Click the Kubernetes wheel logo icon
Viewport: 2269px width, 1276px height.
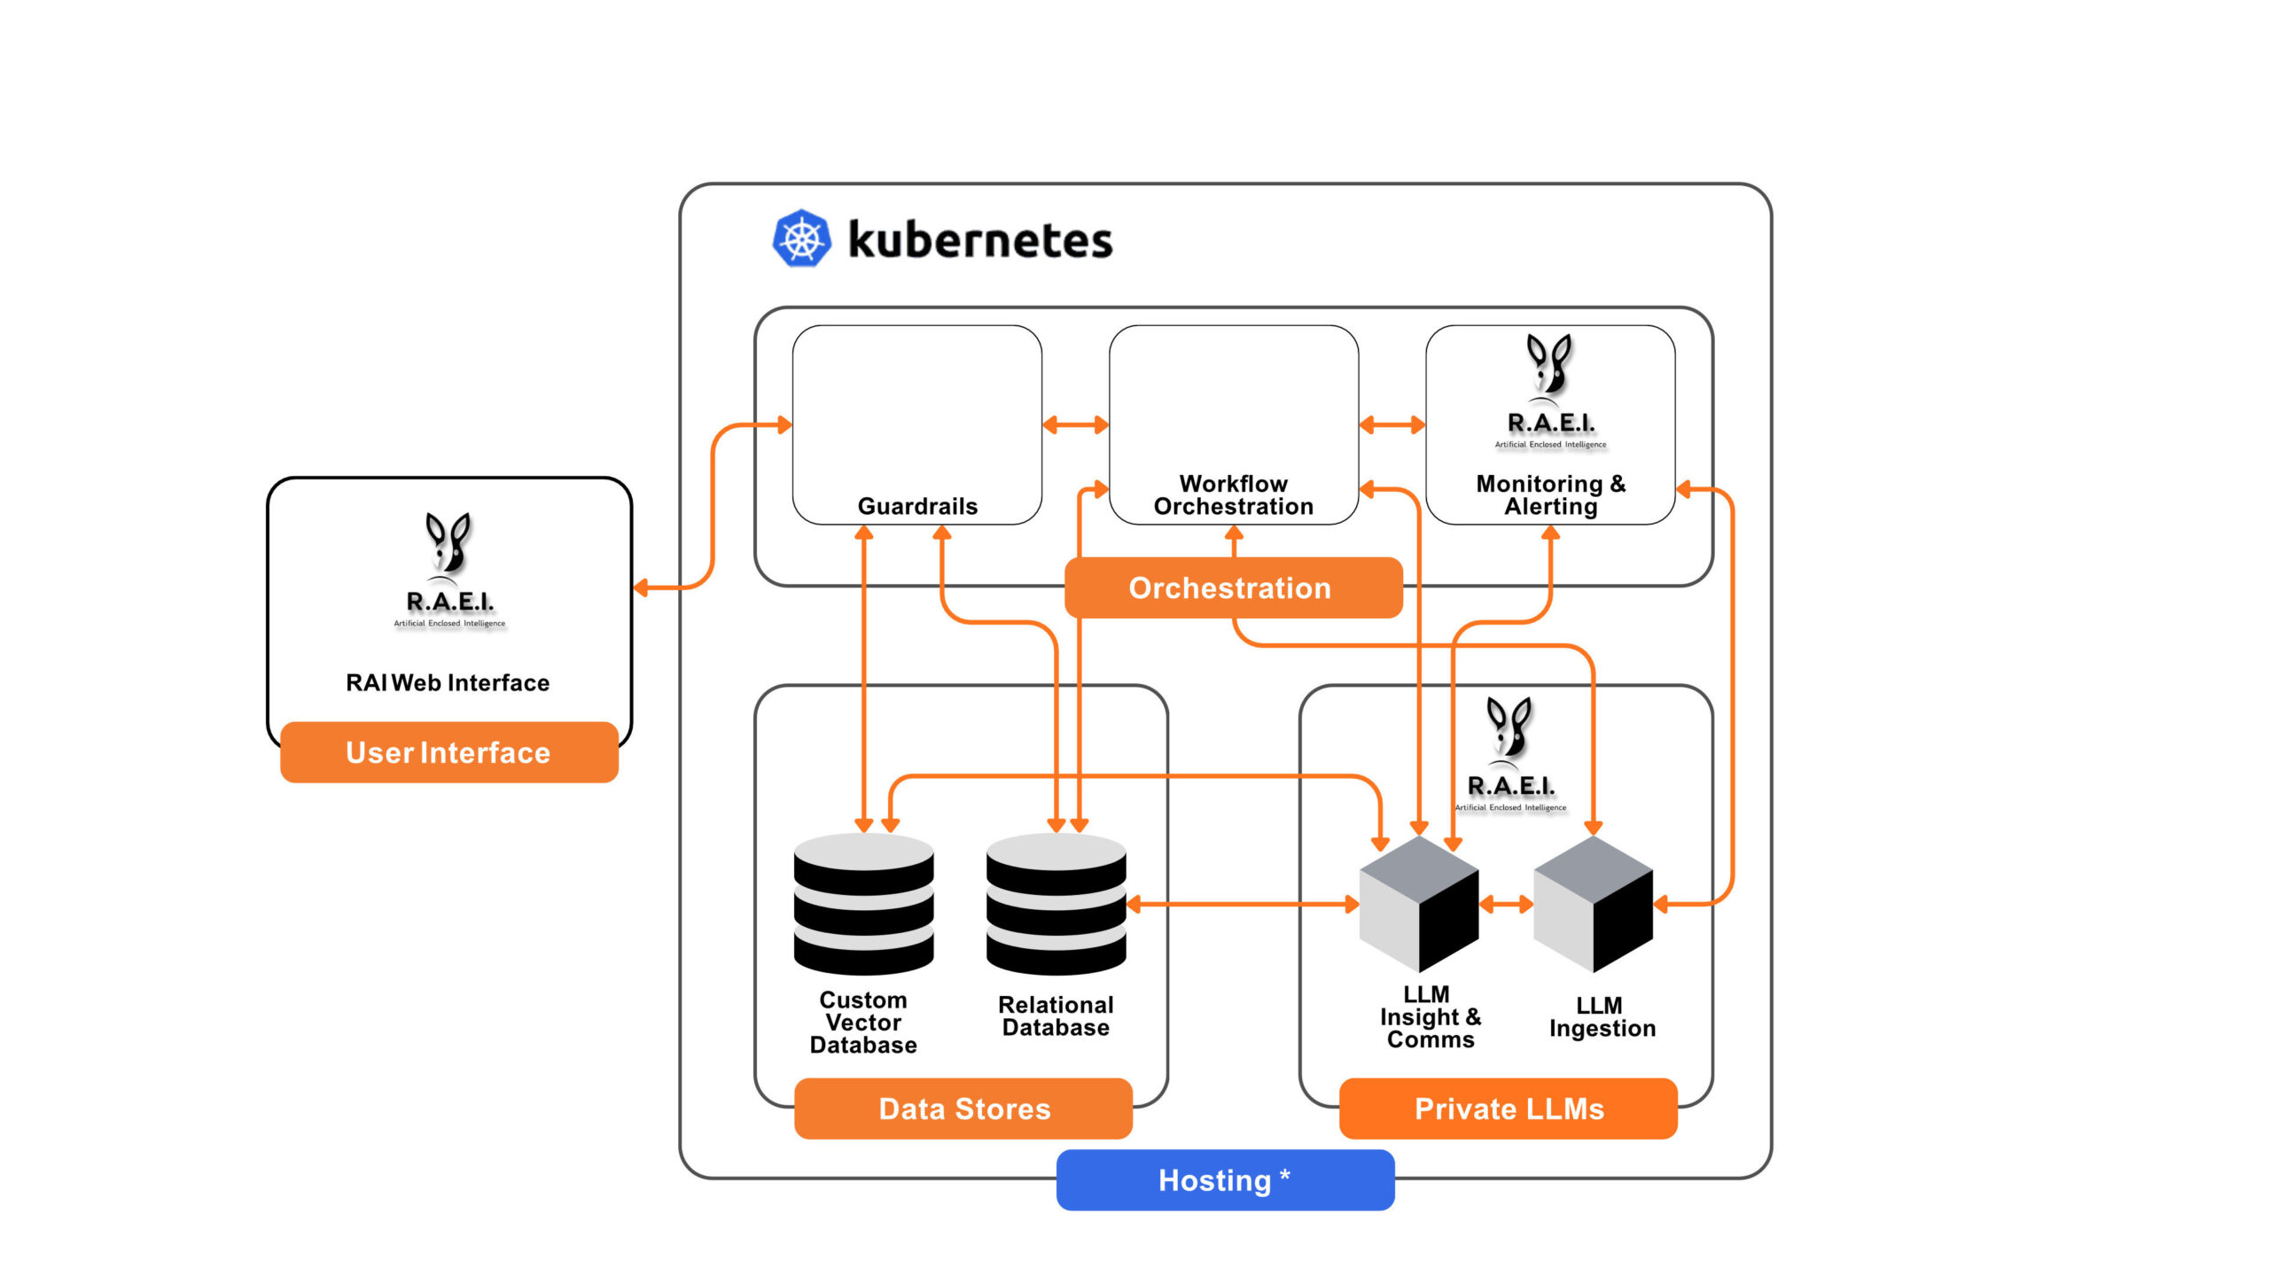(x=802, y=238)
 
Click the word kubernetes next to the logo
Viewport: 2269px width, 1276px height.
(x=979, y=240)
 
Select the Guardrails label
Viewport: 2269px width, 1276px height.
(x=917, y=506)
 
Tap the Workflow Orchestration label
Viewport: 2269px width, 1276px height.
(x=1233, y=495)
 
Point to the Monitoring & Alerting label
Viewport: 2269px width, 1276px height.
(x=1550, y=495)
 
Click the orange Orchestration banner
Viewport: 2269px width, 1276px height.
(x=1233, y=587)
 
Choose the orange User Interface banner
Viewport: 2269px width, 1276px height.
(x=448, y=752)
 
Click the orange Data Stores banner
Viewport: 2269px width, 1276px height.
(x=963, y=1109)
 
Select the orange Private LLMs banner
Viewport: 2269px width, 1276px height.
(x=1509, y=1109)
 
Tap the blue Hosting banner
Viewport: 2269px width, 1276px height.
(x=1225, y=1180)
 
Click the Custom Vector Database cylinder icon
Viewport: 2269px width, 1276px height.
(x=863, y=905)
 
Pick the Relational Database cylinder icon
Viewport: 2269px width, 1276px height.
(x=1056, y=905)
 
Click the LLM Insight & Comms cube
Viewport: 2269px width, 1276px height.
(x=1419, y=905)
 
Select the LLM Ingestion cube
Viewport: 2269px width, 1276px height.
(x=1593, y=905)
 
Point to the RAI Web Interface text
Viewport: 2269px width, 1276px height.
(x=448, y=682)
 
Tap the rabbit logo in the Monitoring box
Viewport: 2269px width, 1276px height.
(x=1549, y=363)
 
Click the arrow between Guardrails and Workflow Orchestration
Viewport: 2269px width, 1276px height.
(x=1075, y=425)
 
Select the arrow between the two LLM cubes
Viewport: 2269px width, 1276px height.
(x=1506, y=905)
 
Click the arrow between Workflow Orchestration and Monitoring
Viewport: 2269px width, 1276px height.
(x=1392, y=425)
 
